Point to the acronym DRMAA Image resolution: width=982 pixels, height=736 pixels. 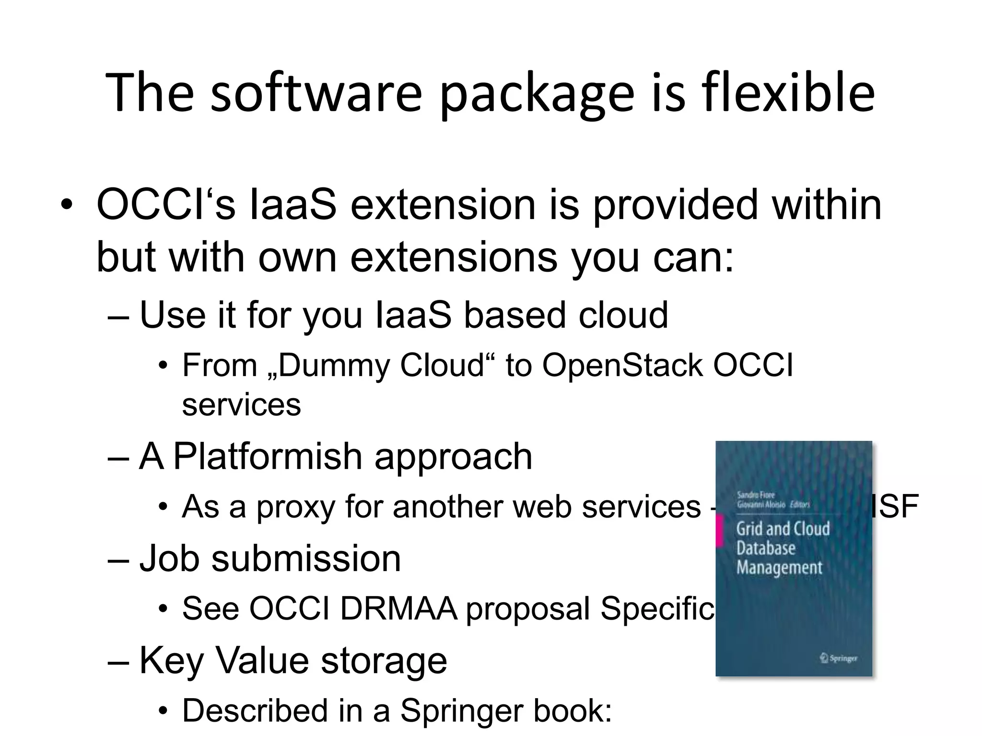(x=398, y=609)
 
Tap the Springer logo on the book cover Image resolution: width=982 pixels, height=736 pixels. (x=838, y=658)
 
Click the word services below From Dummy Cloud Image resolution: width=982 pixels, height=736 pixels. (x=241, y=405)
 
